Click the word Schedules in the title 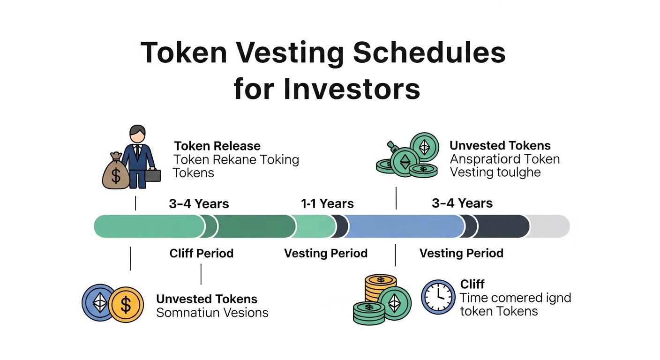pos(429,53)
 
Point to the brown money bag pos(115,172)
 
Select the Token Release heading pos(217,146)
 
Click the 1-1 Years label pos(327,204)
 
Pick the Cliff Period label pos(201,254)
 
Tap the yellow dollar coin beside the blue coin pos(126,304)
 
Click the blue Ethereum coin pos(99,302)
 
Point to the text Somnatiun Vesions pos(212,313)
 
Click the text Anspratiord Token pos(504,159)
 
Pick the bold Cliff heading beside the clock pos(472,284)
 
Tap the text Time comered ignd pos(515,298)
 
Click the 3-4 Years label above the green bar pos(199,204)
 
